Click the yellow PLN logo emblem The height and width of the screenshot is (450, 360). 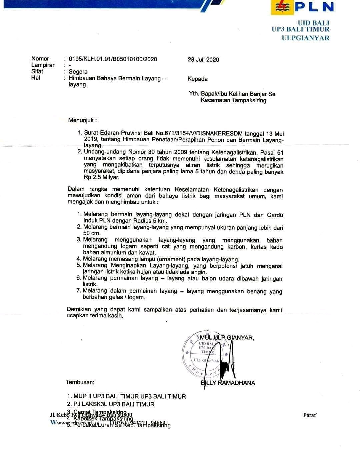click(282, 7)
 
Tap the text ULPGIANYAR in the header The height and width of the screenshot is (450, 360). click(305, 38)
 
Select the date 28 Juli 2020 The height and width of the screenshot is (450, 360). click(203, 60)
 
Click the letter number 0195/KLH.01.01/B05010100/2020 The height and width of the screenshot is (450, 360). click(113, 59)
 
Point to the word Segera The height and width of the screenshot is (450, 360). click(78, 72)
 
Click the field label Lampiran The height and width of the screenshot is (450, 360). click(43, 65)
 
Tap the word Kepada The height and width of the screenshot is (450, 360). click(197, 79)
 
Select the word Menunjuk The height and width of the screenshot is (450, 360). click(82, 120)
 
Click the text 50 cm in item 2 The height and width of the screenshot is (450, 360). click(91, 233)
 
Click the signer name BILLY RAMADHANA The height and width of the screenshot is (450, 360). click(229, 383)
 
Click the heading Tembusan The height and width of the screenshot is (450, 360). click(80, 382)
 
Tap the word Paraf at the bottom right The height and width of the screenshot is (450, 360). click(310, 415)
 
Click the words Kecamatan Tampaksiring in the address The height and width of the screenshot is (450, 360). click(233, 100)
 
